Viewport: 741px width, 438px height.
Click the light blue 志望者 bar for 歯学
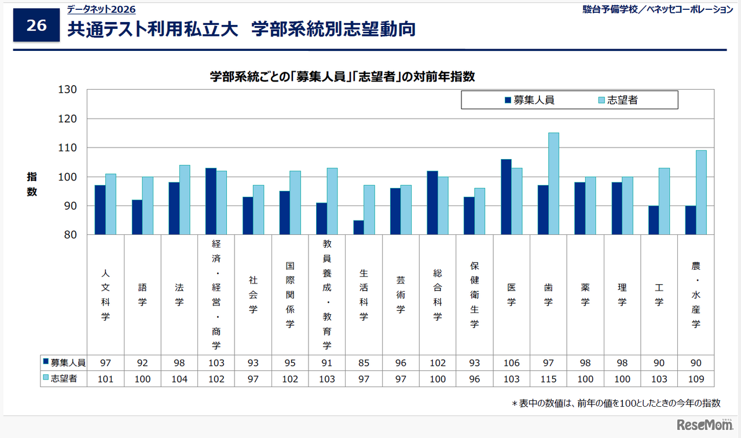[x=553, y=183]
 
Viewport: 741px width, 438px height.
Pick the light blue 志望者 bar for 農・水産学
[x=701, y=192]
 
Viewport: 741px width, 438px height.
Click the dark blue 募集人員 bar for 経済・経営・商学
[x=211, y=201]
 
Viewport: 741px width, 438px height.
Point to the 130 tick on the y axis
[x=68, y=90]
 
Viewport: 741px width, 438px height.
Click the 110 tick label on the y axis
[x=68, y=148]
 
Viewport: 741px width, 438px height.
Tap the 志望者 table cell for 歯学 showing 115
[x=548, y=379]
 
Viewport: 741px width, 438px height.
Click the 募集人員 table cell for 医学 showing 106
[x=511, y=363]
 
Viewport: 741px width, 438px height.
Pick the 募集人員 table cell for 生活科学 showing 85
[x=364, y=363]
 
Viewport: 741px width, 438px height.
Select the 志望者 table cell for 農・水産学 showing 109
[x=696, y=379]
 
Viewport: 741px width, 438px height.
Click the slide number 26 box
[x=36, y=26]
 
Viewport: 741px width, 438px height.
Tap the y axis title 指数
[x=31, y=185]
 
